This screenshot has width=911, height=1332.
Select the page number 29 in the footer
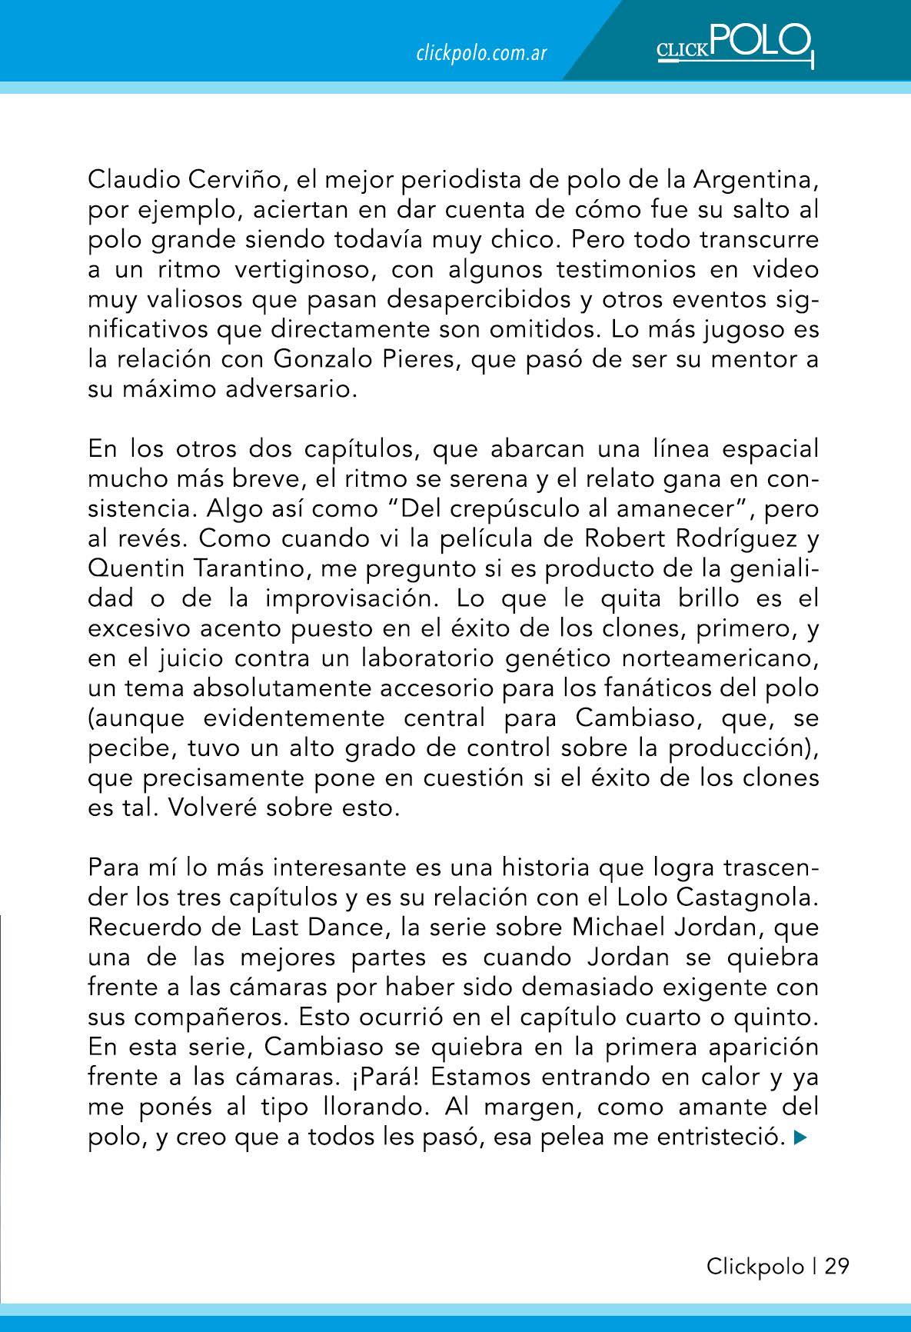point(837,1266)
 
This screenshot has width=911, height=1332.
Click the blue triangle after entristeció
point(800,1137)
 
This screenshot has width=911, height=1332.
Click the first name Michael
point(615,927)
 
